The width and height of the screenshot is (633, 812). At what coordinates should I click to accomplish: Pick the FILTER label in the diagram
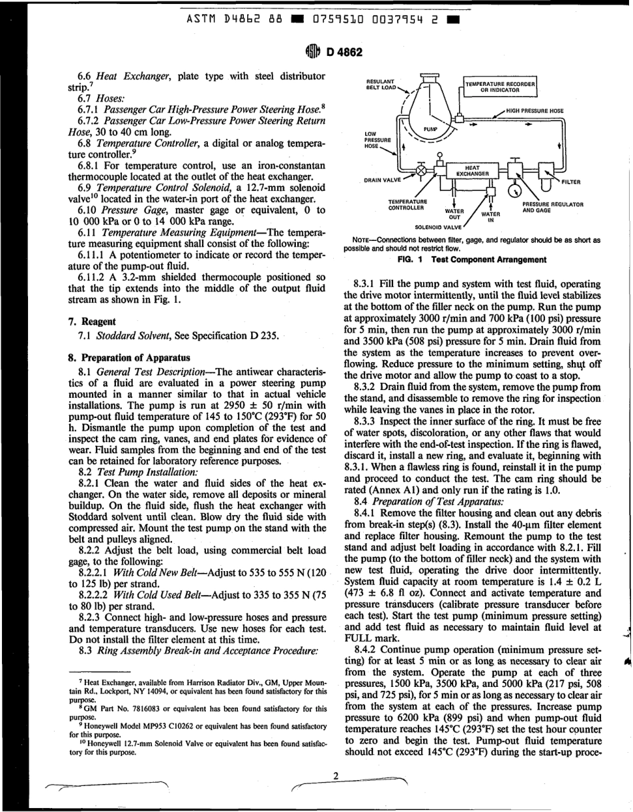click(x=570, y=180)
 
